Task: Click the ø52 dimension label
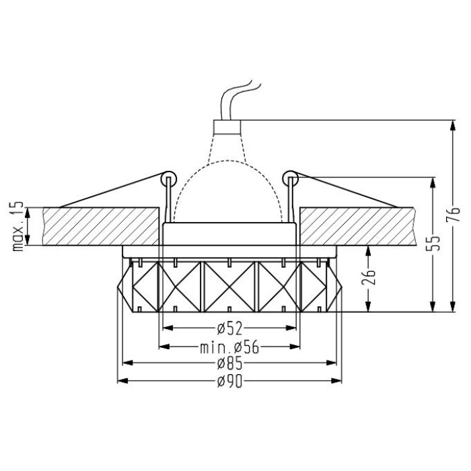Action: pos(229,328)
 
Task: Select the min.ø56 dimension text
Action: pos(229,347)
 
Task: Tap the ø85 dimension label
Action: pos(229,363)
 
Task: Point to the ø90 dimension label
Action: pos(229,382)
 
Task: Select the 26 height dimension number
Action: pos(369,277)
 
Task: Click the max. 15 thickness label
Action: pos(17,227)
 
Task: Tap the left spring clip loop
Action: pos(168,179)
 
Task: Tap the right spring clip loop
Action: pos(290,179)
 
